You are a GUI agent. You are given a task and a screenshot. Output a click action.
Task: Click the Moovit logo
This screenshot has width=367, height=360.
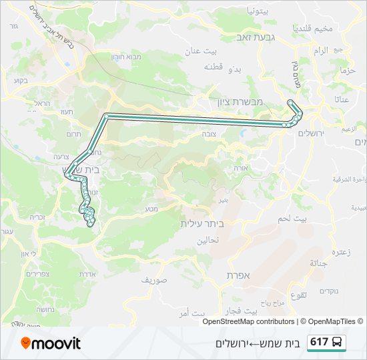coord(51,343)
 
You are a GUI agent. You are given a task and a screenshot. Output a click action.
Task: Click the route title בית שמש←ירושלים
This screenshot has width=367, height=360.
coord(256,343)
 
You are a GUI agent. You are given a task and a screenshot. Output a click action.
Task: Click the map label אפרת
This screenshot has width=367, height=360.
coord(238,275)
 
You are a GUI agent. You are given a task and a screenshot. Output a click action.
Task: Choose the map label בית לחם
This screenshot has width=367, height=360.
coord(312,219)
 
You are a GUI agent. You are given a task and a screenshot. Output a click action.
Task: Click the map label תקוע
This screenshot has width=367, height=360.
coord(298,295)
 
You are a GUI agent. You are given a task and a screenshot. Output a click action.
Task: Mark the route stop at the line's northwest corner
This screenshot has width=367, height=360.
coord(106,116)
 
